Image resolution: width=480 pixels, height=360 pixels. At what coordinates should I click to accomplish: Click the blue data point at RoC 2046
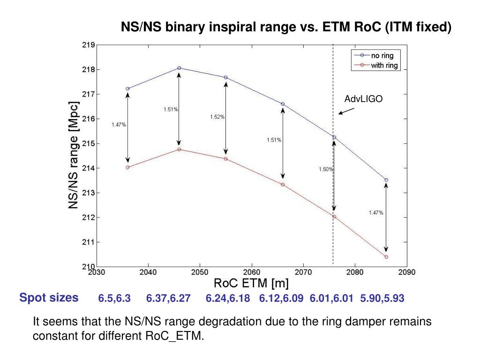point(179,68)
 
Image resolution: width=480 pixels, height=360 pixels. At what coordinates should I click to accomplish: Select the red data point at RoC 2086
point(386,257)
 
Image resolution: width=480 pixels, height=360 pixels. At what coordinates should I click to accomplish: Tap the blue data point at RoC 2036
point(127,89)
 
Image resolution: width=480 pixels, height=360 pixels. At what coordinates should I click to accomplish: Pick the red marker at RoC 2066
point(283,185)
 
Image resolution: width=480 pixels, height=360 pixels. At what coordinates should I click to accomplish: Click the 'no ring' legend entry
point(382,56)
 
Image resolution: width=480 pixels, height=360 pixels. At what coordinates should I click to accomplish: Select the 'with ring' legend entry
point(384,65)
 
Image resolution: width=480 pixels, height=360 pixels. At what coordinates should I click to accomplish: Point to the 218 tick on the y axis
point(89,70)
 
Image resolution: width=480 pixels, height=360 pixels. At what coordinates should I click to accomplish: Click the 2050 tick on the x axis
point(200,272)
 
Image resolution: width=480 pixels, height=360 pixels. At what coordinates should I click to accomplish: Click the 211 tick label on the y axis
point(89,242)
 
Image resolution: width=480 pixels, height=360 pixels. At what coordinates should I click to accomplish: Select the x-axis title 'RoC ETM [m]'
point(251,283)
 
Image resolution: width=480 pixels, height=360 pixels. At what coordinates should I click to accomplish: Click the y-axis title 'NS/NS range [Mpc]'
point(74,156)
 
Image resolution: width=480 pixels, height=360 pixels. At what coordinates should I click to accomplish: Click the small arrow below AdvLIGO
point(346,111)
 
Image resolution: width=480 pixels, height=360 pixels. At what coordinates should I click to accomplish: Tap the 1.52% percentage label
point(217,117)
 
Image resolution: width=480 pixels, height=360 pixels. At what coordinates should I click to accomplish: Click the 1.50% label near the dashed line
point(326,169)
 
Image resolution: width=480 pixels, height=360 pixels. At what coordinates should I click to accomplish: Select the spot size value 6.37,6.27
point(168,299)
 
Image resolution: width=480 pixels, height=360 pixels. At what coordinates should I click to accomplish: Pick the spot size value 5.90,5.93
point(382,299)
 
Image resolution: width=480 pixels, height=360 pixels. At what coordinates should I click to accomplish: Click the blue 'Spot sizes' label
point(49,298)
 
